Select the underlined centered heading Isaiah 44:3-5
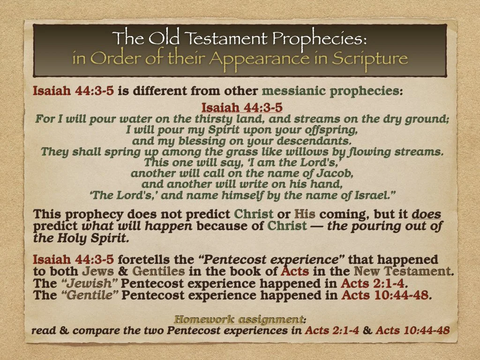[x=242, y=108]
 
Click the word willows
[x=293, y=151]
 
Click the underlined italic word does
[x=426, y=215]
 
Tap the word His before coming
[x=304, y=215]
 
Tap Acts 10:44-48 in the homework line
[x=412, y=331]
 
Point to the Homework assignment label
[x=238, y=320]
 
